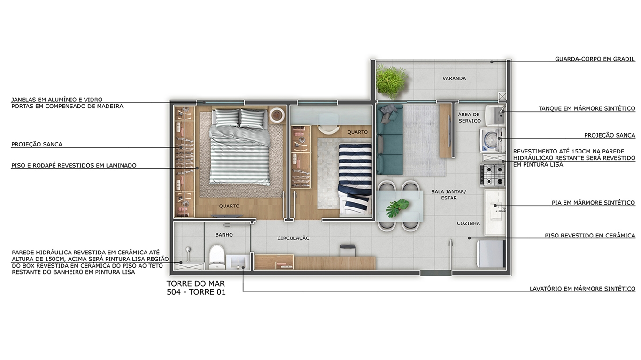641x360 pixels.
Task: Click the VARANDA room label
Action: pos(454,78)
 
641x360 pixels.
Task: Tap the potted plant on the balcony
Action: pos(391,81)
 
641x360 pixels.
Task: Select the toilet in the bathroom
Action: pos(216,257)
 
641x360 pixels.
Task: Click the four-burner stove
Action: pos(493,175)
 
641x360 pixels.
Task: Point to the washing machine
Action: pos(492,140)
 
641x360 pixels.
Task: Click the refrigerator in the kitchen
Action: pos(491,254)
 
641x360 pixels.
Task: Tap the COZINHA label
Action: pos(468,223)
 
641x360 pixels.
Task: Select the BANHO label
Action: pos(224,235)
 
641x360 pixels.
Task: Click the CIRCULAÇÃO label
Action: pos(293,238)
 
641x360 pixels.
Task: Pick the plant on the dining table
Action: pos(397,208)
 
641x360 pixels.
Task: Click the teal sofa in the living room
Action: pos(390,139)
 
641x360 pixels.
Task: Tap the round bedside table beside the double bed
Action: pos(277,115)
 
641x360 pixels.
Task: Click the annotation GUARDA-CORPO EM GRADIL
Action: pos(595,59)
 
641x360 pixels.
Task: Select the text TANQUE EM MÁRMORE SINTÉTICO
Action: pos(587,109)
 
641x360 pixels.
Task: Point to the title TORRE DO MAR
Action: pos(196,283)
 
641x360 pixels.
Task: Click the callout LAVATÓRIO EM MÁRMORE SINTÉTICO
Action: pos(582,289)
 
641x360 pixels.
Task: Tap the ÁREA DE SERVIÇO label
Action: pos(470,117)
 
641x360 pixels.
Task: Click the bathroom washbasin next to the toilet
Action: pos(238,262)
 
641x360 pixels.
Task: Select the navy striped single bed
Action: pos(355,179)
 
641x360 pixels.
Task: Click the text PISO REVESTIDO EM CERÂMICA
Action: pos(590,236)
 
